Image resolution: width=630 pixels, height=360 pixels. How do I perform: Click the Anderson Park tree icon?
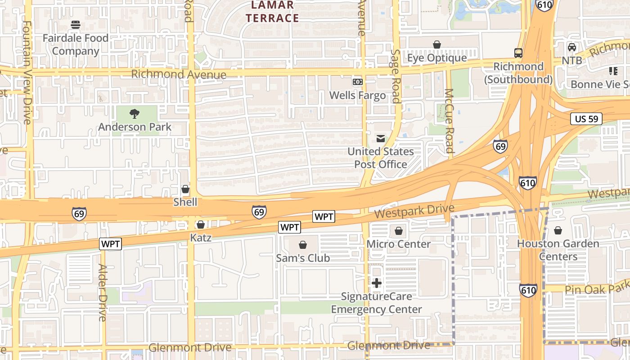[134, 114]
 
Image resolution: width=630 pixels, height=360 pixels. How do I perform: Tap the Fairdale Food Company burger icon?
[76, 25]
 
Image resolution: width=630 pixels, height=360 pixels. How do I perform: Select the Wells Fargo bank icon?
[358, 82]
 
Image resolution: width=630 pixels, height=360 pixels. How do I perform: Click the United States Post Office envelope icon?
[381, 139]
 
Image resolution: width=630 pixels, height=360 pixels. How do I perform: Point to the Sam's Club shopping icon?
[303, 245]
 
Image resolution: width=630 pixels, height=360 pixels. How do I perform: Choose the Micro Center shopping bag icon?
[399, 231]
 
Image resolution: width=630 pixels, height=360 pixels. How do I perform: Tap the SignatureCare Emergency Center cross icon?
[377, 283]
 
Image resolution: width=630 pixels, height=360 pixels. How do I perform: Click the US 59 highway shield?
[586, 119]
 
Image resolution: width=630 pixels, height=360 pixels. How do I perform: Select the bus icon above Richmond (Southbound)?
[518, 53]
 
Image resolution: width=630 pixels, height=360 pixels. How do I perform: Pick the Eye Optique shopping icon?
[436, 45]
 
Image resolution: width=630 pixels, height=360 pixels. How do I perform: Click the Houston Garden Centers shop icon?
[558, 230]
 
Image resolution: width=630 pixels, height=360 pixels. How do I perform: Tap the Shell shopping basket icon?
[185, 189]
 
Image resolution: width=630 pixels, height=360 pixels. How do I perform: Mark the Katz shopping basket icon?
[201, 224]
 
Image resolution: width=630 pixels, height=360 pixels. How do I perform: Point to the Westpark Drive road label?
[414, 211]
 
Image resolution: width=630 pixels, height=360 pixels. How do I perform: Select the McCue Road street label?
[449, 121]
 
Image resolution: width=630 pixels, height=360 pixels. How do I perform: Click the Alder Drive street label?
[102, 292]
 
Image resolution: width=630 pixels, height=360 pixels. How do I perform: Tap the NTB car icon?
[572, 47]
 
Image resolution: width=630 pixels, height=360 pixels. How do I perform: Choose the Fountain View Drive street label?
[27, 72]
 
